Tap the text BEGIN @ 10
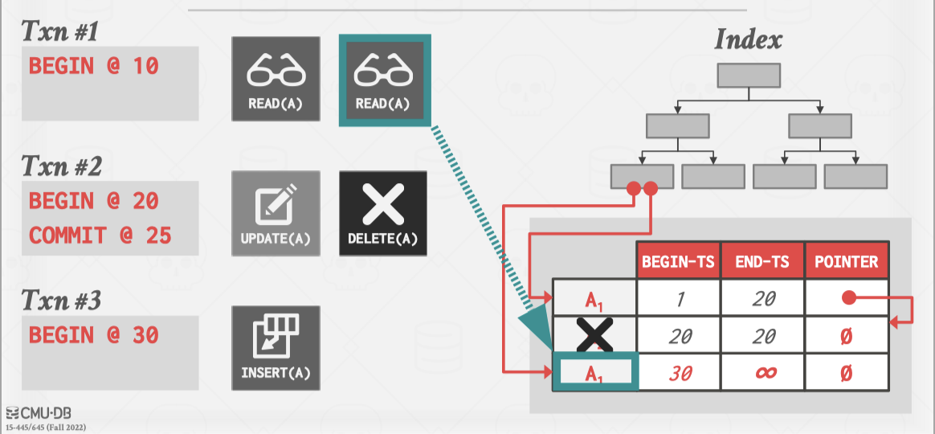(94, 66)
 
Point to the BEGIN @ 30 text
(94, 335)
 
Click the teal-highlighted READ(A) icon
(385, 80)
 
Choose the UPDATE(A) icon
(276, 214)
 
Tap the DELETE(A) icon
(383, 214)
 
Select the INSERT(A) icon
(276, 348)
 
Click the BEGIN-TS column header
(678, 261)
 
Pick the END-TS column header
(763, 261)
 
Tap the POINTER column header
(846, 261)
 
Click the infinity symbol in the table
(763, 374)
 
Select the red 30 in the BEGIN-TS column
(680, 374)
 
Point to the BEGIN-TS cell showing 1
(680, 298)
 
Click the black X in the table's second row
(594, 335)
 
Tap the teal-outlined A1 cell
(595, 373)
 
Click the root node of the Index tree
(749, 75)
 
